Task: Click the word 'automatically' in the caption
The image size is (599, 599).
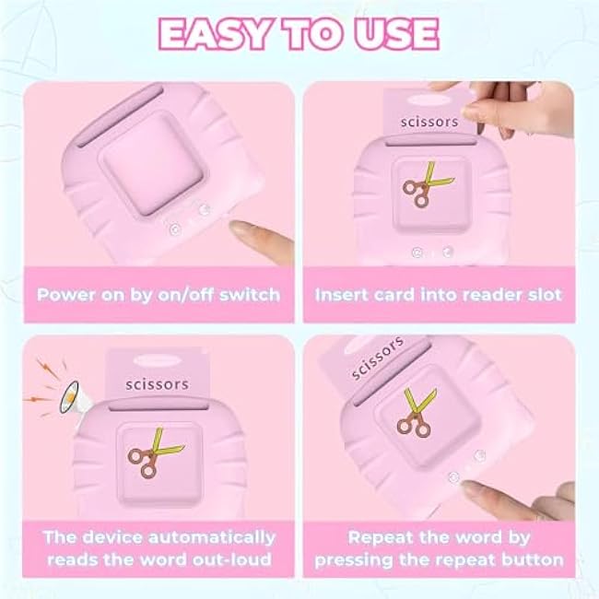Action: click(212, 538)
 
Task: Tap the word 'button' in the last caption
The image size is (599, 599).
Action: click(532, 560)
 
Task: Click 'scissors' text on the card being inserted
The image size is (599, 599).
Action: click(429, 122)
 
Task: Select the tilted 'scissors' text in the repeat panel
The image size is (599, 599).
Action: click(377, 358)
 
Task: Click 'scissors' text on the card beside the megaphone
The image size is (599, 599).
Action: click(157, 384)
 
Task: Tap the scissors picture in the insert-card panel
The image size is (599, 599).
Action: click(427, 185)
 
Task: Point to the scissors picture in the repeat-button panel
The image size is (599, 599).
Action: click(416, 413)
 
